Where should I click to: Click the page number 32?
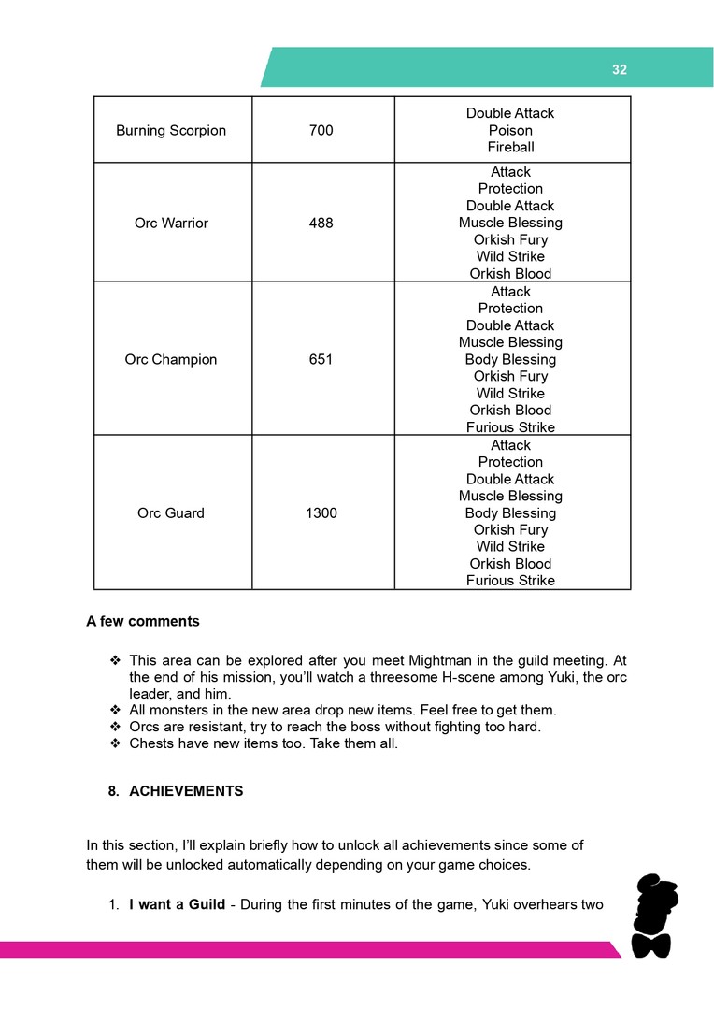[619, 70]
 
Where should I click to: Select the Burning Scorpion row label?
[171, 131]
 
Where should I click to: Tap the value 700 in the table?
[321, 131]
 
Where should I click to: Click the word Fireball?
[510, 148]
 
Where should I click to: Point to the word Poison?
[510, 131]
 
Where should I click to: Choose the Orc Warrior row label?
[171, 224]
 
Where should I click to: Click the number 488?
[321, 224]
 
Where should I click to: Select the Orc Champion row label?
[171, 360]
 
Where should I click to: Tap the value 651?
[321, 360]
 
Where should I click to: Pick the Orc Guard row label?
[171, 513]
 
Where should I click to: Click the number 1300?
[321, 513]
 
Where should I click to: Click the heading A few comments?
[143, 622]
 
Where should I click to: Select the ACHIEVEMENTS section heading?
[186, 791]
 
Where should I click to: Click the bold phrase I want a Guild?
[177, 904]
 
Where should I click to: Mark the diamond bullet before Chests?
[116, 744]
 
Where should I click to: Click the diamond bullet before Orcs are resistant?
[116, 728]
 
